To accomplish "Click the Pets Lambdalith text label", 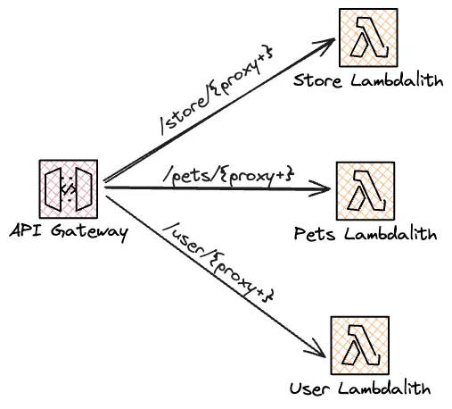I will click(x=366, y=235).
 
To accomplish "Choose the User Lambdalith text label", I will click(x=360, y=388).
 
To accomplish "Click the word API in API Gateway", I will click(x=25, y=232).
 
